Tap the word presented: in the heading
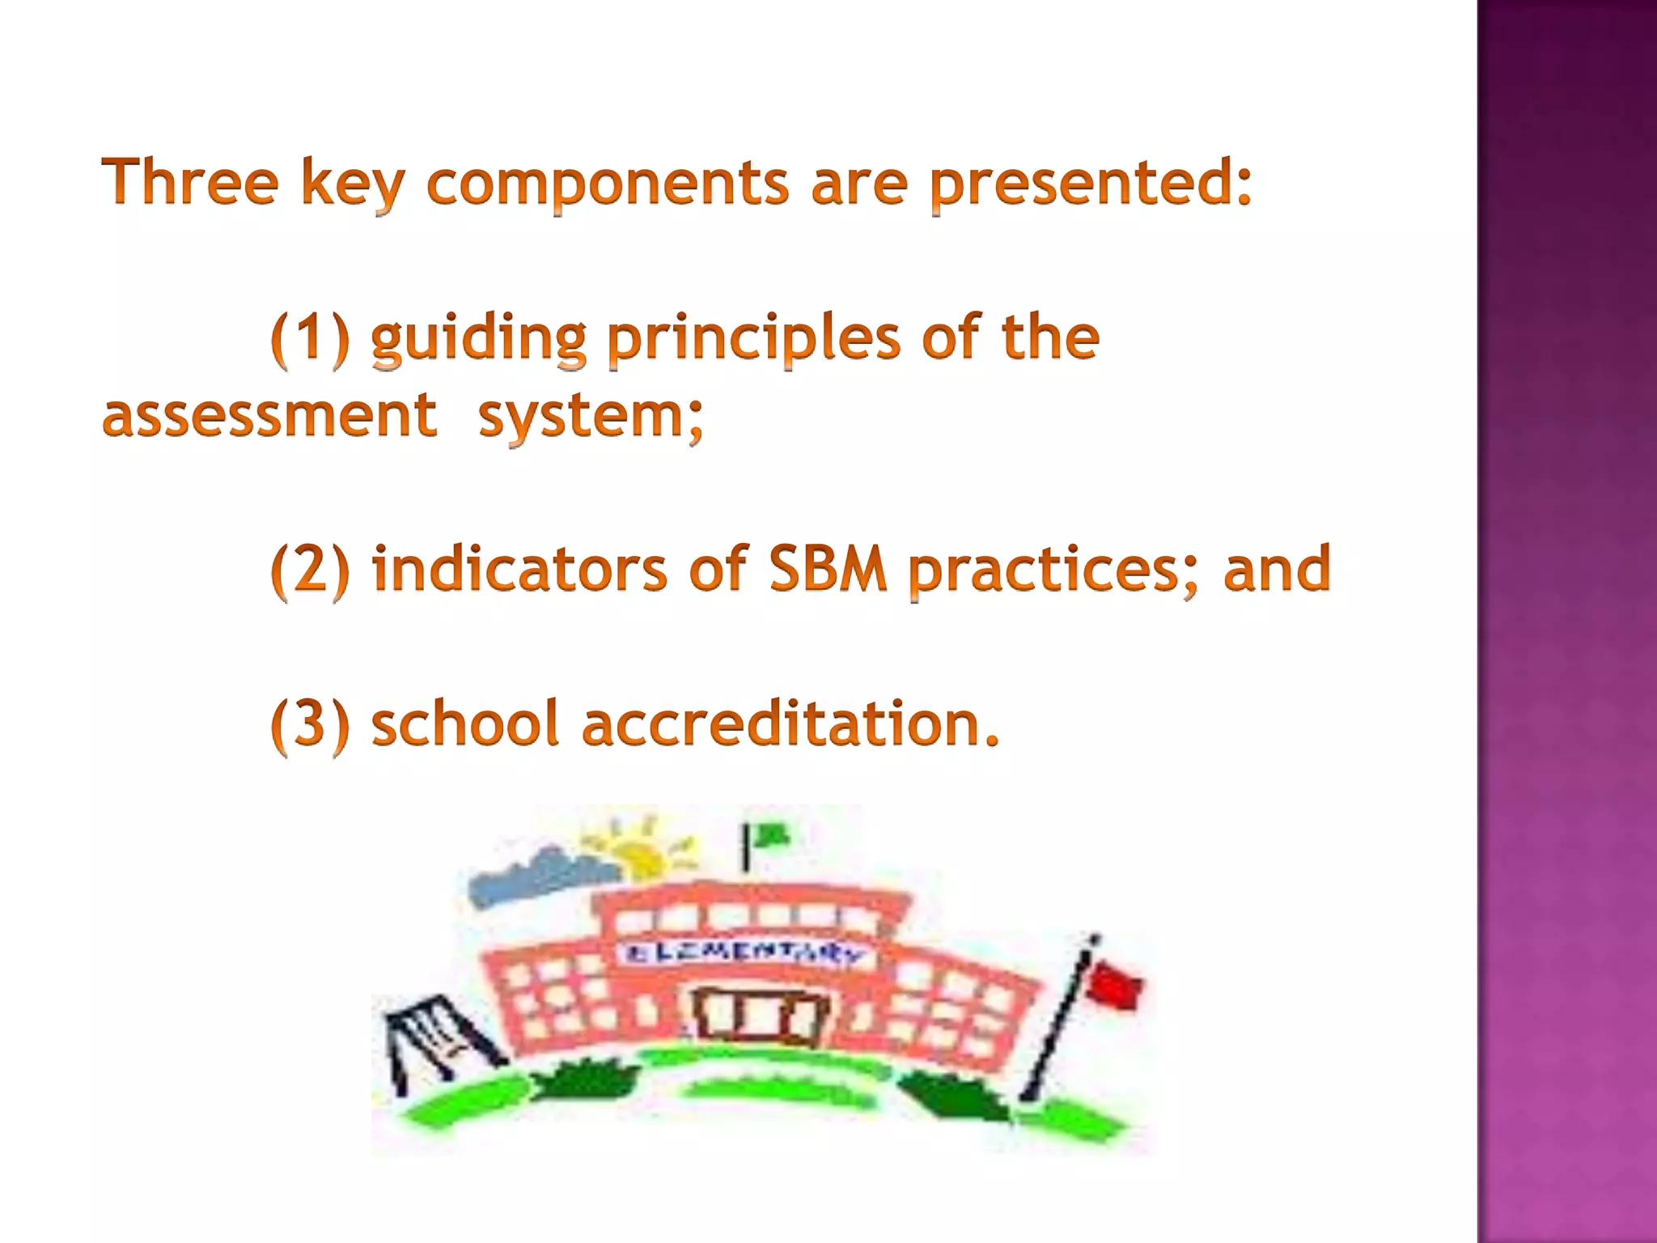tap(1091, 185)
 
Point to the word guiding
tap(478, 340)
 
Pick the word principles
tap(753, 340)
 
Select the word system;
tap(591, 416)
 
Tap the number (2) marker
tap(310, 570)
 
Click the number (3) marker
tap(310, 723)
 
